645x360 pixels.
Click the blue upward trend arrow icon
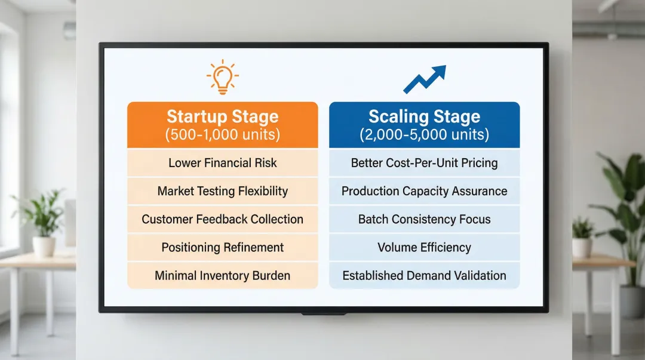(425, 79)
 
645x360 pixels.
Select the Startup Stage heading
(223, 116)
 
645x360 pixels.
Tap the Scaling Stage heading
(425, 116)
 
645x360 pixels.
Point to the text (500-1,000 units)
(223, 134)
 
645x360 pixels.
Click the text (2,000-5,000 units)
(425, 134)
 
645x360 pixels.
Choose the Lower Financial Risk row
(223, 163)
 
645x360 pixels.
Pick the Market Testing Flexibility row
(223, 191)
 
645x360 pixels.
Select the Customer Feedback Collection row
(223, 219)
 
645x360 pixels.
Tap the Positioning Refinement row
(223, 247)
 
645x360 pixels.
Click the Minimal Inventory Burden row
(223, 275)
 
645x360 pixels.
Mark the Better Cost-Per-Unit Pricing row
(425, 163)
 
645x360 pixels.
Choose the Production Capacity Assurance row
(425, 191)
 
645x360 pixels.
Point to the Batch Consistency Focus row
(425, 219)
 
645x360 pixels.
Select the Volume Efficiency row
(425, 247)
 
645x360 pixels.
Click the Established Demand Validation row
(425, 275)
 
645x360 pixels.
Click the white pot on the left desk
(44, 247)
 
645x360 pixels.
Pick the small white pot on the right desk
(582, 248)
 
